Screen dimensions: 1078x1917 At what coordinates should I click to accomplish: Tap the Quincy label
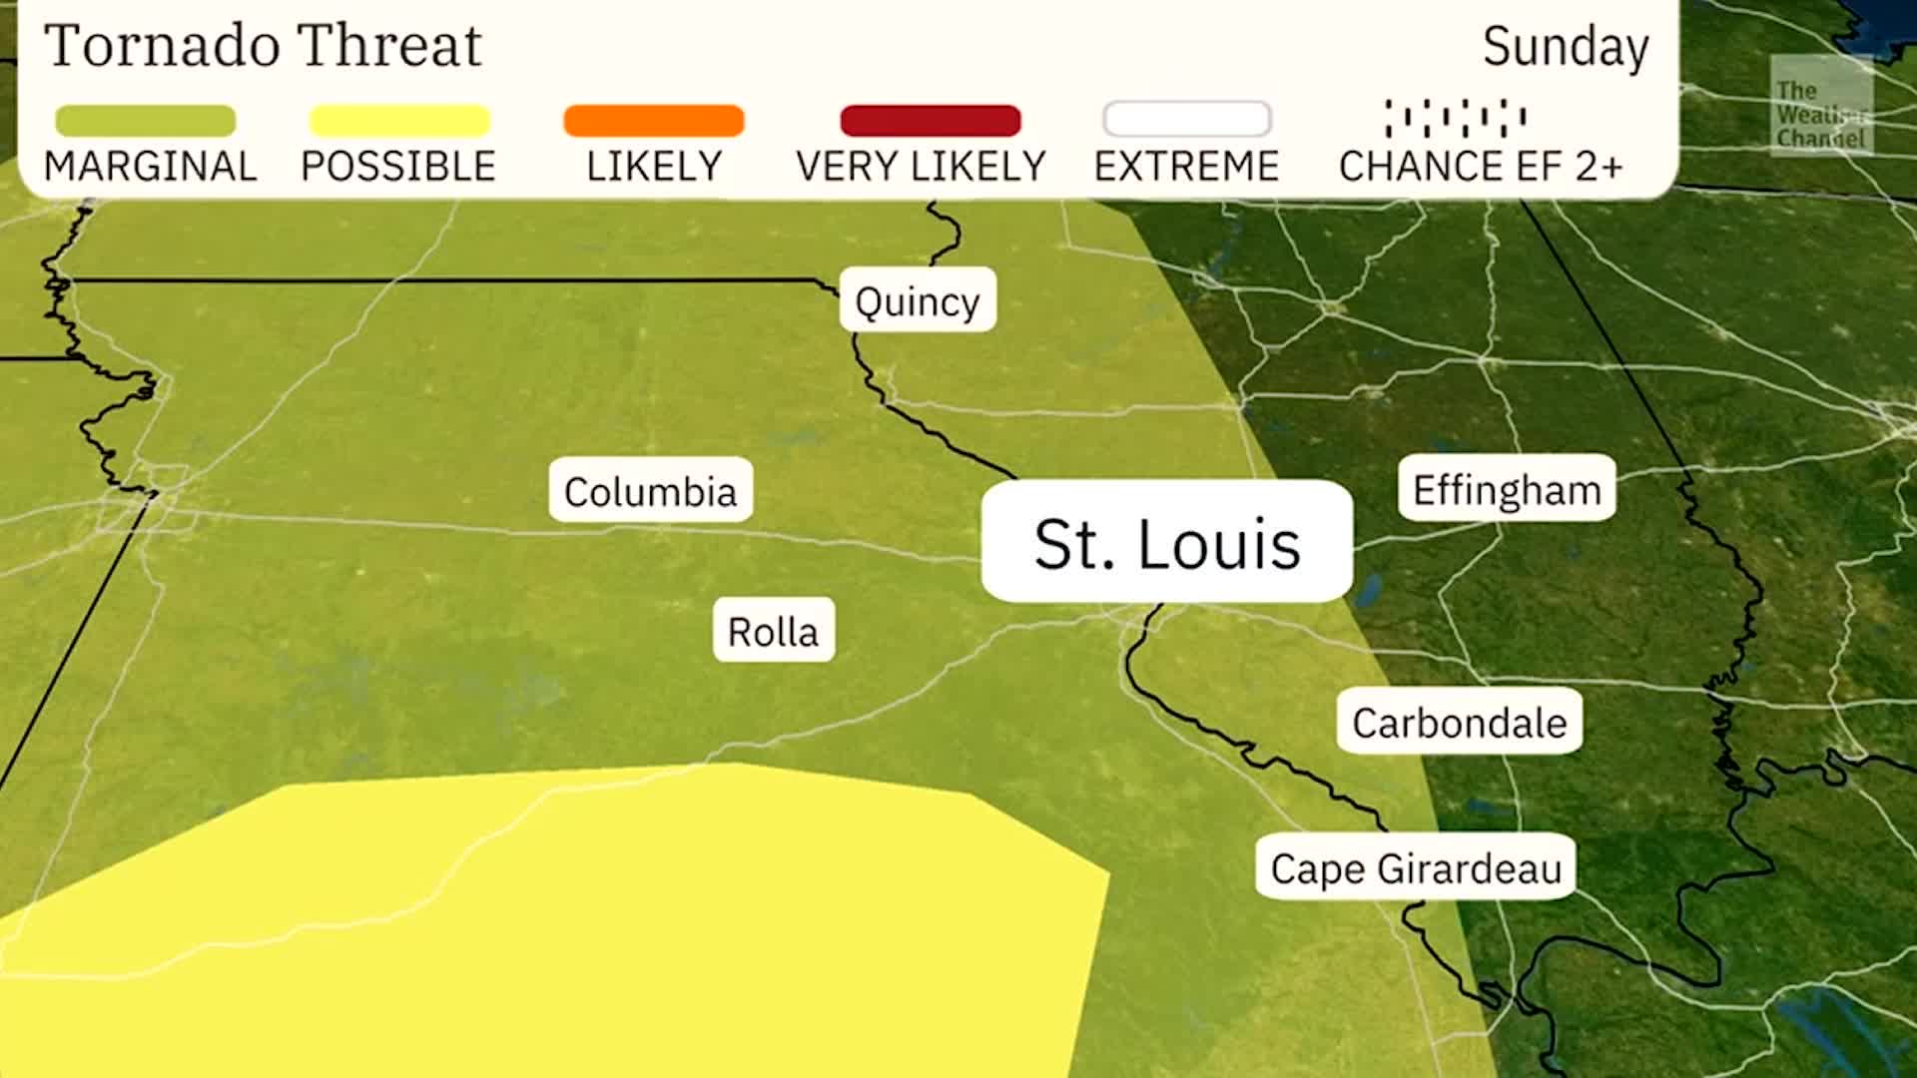(x=917, y=300)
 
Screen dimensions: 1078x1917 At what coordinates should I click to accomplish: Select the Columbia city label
(x=650, y=490)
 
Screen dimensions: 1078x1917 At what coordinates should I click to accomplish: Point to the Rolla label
(x=773, y=631)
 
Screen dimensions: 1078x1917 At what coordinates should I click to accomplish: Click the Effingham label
(x=1506, y=489)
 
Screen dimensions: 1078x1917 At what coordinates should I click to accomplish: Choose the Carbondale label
(x=1459, y=722)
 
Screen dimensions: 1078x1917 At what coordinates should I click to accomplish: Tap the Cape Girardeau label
(x=1415, y=867)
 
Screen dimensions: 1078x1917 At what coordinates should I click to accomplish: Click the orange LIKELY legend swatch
(x=654, y=121)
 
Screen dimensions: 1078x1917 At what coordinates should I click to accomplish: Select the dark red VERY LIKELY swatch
(x=930, y=121)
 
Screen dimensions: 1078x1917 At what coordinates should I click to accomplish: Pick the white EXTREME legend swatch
(x=1186, y=120)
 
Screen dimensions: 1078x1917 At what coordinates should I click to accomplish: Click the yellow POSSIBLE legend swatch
(x=399, y=121)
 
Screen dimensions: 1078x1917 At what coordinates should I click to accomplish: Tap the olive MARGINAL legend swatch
(x=146, y=121)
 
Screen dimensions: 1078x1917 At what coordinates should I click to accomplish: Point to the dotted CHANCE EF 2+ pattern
(x=1455, y=118)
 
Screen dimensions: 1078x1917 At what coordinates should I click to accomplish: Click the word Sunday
(x=1565, y=47)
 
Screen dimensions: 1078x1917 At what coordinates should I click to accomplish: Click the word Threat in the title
(x=389, y=46)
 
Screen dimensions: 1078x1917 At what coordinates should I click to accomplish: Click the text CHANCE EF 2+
(x=1480, y=166)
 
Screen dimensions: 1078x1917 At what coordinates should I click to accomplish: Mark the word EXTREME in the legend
(x=1186, y=166)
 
